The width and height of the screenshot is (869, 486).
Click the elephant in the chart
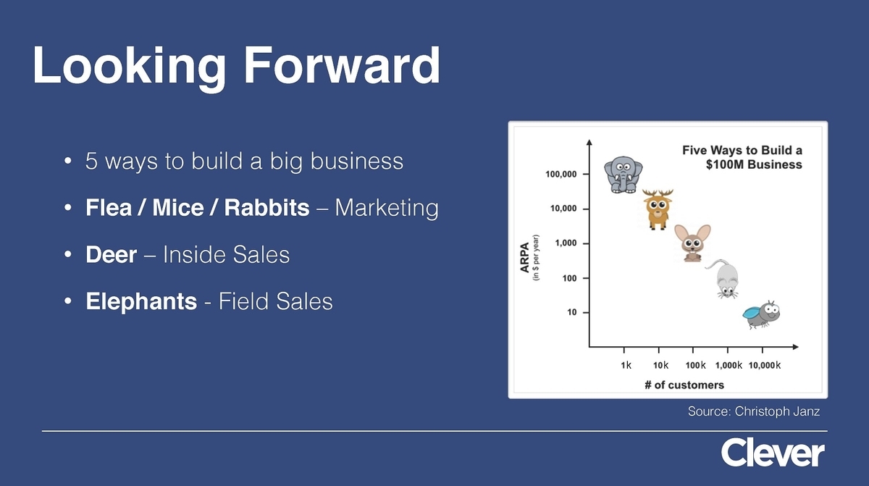[x=623, y=175]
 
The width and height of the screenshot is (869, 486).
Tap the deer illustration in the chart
[x=658, y=209]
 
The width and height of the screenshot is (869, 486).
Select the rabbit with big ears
[x=692, y=243]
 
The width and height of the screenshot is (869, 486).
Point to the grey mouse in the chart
[x=723, y=279]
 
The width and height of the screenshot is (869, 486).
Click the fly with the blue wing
[x=761, y=314]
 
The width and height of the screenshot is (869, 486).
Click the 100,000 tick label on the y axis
[x=561, y=174]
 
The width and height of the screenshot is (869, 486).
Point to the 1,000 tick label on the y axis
[x=566, y=243]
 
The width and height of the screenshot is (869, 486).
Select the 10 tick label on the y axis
[x=572, y=312]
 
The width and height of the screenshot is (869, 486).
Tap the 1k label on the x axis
[x=626, y=365]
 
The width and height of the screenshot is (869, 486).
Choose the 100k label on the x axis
[x=695, y=365]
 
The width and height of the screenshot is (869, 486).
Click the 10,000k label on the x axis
[x=764, y=365]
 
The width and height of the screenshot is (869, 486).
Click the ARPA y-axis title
[x=524, y=258]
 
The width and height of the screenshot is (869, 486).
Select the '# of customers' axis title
[x=684, y=385]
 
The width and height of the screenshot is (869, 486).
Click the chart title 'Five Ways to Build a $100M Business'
[x=742, y=157]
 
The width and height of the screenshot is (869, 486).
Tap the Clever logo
[x=773, y=452]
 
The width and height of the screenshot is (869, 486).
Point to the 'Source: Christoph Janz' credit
[x=754, y=411]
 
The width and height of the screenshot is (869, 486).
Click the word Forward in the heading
[x=342, y=64]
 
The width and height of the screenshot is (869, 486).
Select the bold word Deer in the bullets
[x=111, y=254]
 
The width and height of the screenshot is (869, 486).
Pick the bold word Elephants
[x=141, y=301]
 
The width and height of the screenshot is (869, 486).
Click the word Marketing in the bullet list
[x=387, y=209]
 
